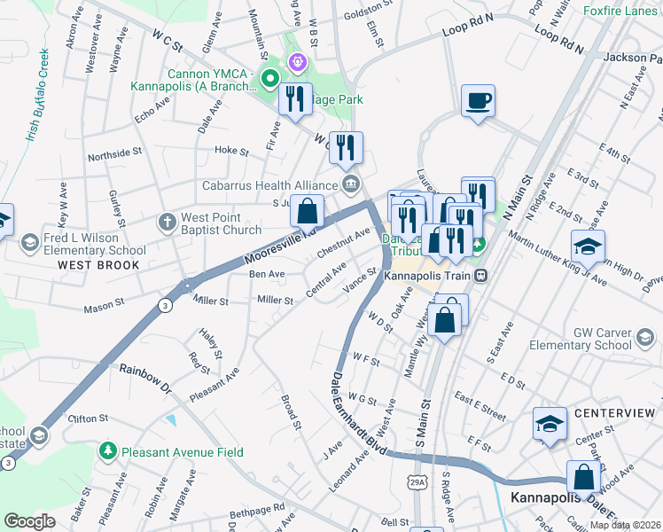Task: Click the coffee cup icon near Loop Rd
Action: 479,101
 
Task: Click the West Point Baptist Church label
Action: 221,223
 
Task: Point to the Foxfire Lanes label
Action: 621,12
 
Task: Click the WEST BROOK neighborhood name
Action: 98,265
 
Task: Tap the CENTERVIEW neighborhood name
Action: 613,414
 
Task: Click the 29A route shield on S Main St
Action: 418,481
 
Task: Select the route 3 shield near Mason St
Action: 165,304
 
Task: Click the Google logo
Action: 29,521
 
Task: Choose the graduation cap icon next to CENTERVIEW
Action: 550,423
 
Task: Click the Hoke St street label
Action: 231,151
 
